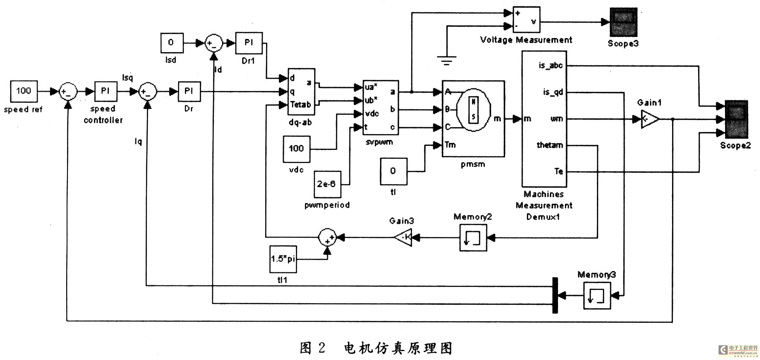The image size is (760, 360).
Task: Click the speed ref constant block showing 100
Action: pyautogui.click(x=23, y=91)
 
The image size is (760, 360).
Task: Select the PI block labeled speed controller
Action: pyautogui.click(x=105, y=91)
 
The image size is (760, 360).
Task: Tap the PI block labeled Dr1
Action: pyautogui.click(x=248, y=43)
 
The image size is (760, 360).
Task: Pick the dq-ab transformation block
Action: pyautogui.click(x=301, y=92)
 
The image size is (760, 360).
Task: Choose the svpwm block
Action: pyautogui.click(x=380, y=107)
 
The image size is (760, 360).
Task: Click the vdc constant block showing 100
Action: pyautogui.click(x=296, y=149)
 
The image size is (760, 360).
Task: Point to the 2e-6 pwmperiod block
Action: pyautogui.click(x=327, y=184)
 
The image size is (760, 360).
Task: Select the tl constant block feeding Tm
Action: pyautogui.click(x=393, y=171)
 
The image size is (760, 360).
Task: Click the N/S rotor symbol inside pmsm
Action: pyautogui.click(x=474, y=109)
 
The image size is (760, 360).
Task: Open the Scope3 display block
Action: pyautogui.click(x=623, y=22)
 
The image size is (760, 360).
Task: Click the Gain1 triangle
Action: pyautogui.click(x=649, y=119)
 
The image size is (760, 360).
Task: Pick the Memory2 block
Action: pyautogui.click(x=473, y=237)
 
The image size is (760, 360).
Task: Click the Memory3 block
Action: pyautogui.click(x=597, y=295)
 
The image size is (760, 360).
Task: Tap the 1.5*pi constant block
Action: pyautogui.click(x=283, y=259)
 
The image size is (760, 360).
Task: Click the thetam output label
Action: pyautogui.click(x=550, y=145)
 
